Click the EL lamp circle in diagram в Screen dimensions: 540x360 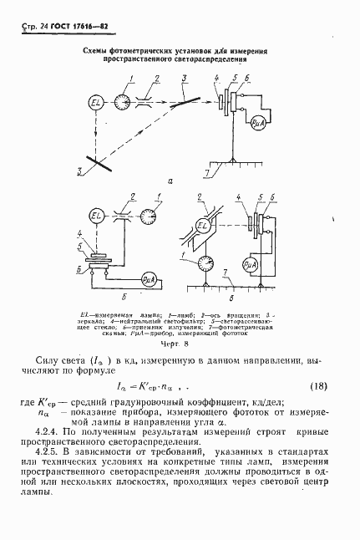(x=203, y=225)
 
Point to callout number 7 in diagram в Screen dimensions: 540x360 (x=225, y=272)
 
